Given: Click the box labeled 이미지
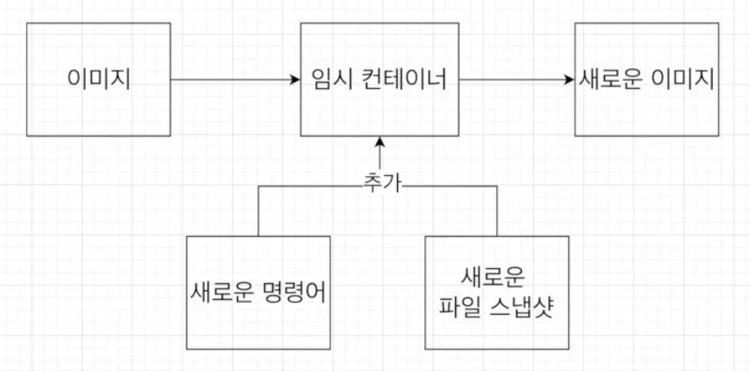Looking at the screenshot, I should [x=98, y=79].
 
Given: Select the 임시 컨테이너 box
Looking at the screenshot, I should [x=380, y=79].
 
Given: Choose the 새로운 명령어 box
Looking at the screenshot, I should [x=259, y=293].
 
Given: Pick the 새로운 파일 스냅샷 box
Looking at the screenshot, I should [x=497, y=293].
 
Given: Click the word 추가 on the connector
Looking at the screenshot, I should [x=380, y=185].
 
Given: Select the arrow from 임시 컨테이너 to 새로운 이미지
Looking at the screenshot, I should [x=515, y=80].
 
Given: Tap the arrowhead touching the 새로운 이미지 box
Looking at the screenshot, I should [x=568, y=80].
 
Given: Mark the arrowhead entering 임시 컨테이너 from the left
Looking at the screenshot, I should [x=294, y=80].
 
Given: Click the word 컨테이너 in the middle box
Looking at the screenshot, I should [x=400, y=80].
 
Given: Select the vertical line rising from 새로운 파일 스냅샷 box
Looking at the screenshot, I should [x=497, y=210].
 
